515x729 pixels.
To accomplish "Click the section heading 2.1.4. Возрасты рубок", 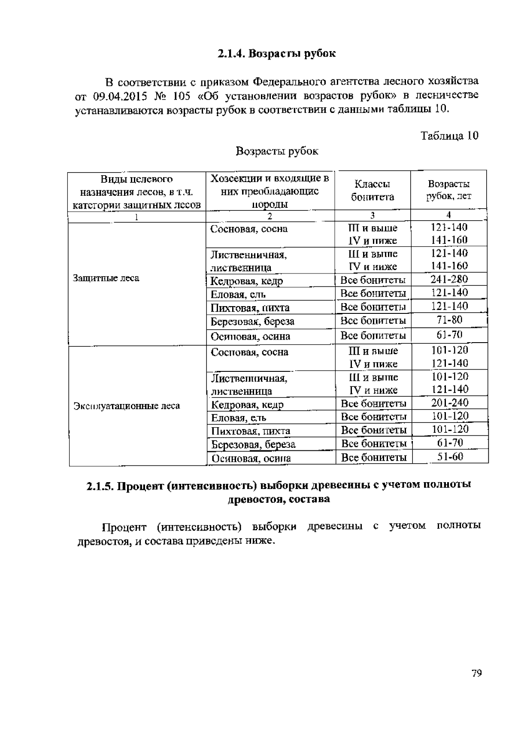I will [x=276, y=54].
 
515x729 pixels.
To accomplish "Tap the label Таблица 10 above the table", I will [x=449, y=136].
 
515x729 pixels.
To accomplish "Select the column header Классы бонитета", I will [x=372, y=190].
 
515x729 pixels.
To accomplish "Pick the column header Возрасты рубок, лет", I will [x=448, y=190].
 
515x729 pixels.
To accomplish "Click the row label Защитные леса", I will [x=106, y=278].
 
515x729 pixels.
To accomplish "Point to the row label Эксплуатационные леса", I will [x=127, y=406].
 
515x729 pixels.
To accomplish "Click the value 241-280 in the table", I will [x=449, y=279].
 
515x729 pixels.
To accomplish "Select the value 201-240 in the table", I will [x=450, y=403].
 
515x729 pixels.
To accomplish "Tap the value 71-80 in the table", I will [x=449, y=320].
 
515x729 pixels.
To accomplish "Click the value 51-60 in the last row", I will [x=450, y=456].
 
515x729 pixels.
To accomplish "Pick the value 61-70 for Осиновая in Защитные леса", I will [x=449, y=334].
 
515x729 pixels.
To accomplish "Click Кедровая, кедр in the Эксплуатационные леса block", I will [x=248, y=404].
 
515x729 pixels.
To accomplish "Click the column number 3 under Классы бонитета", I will [x=372, y=216].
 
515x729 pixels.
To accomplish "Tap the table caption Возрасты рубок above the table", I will [x=277, y=151].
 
